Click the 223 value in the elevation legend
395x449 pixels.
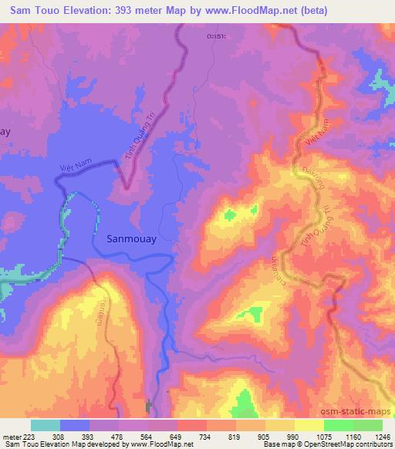[x=32, y=436]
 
